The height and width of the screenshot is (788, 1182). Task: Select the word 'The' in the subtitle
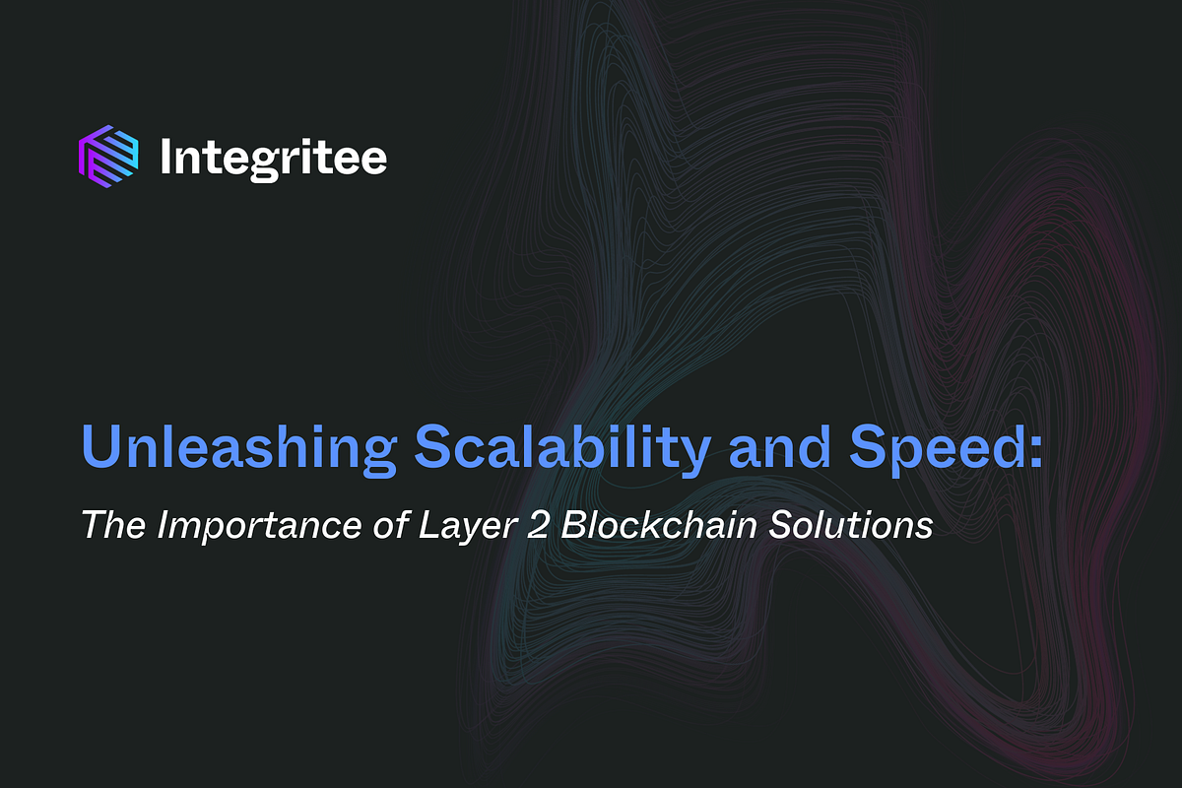tap(111, 524)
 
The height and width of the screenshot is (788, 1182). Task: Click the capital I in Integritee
tap(165, 156)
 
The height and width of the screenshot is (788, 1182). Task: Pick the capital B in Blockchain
tap(576, 524)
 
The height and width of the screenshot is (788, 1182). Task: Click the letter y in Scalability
tap(697, 455)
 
